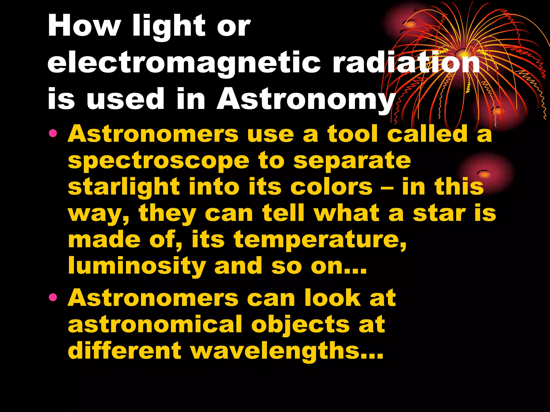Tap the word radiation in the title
point(406,62)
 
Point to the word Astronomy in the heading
point(306,99)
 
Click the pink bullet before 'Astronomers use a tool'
point(53,133)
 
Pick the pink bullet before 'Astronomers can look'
point(53,297)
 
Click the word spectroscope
point(158,161)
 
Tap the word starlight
point(124,187)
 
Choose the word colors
point(331,187)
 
